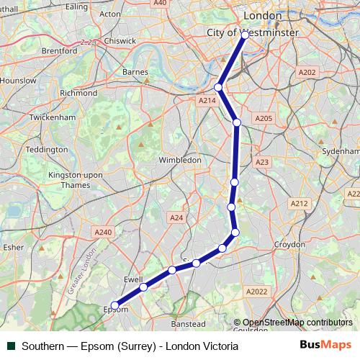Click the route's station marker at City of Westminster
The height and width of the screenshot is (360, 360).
[x=245, y=35]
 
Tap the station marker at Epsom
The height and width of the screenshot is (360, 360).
[x=114, y=305]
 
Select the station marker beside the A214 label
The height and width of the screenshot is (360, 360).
[x=218, y=87]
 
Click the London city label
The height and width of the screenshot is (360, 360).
[x=263, y=15]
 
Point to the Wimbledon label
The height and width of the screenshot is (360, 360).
[x=180, y=160]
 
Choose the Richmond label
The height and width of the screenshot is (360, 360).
[x=78, y=93]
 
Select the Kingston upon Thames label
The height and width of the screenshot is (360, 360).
[x=69, y=180]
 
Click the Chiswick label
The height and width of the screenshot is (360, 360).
[x=119, y=41]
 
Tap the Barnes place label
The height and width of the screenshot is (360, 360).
[x=135, y=72]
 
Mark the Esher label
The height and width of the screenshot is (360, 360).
[x=14, y=246]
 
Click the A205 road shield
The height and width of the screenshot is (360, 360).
[x=264, y=118]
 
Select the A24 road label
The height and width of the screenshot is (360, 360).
[x=176, y=217]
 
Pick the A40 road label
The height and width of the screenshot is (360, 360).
[x=160, y=3]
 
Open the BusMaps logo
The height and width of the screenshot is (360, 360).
[x=326, y=346]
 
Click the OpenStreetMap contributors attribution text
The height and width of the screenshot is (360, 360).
[x=297, y=323]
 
